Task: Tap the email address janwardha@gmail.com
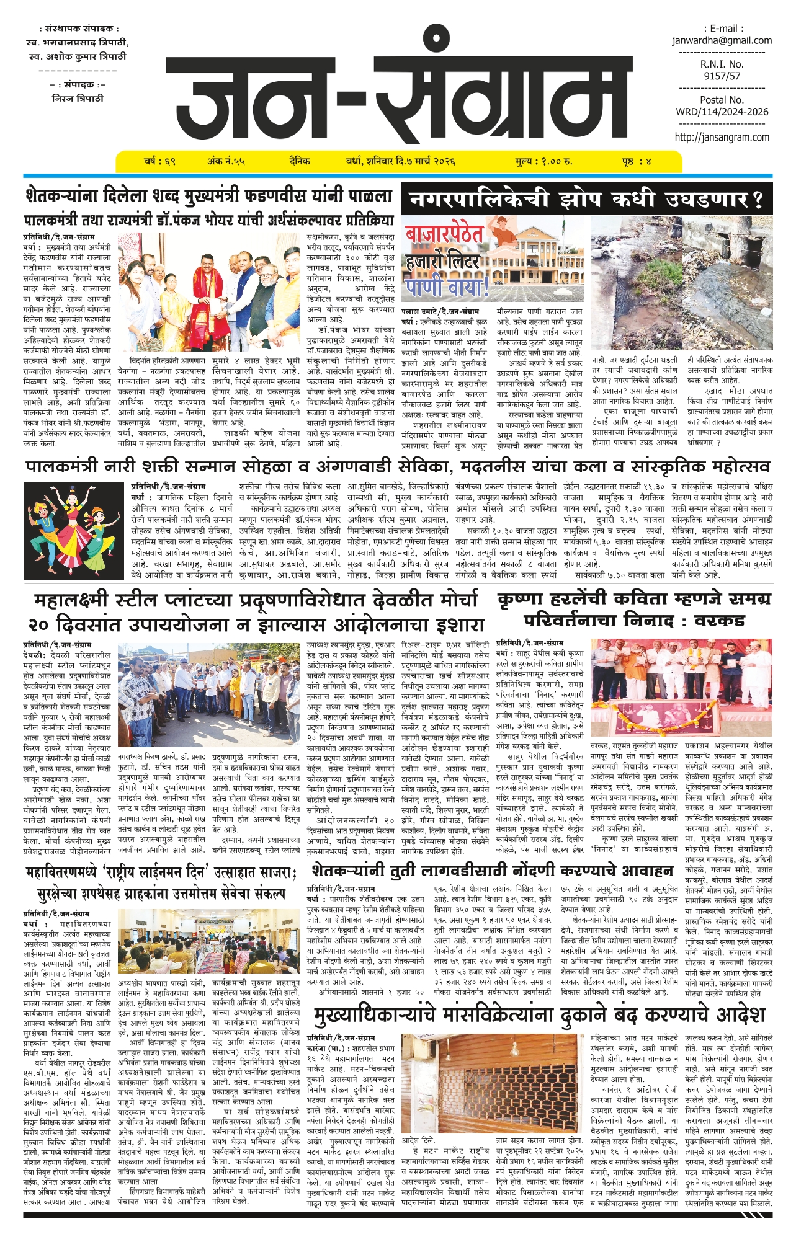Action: click(x=722, y=41)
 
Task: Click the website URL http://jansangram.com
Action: click(x=722, y=138)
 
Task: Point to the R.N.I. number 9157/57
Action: click(x=722, y=76)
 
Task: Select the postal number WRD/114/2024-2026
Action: click(x=722, y=112)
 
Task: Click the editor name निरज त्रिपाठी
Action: click(x=78, y=99)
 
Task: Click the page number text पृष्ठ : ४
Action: click(x=637, y=162)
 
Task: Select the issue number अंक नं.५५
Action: click(x=226, y=162)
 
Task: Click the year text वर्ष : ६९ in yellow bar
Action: click(x=159, y=162)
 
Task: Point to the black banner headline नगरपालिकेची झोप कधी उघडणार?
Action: click(x=586, y=200)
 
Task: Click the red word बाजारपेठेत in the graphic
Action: click(x=444, y=234)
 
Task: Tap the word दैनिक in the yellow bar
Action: click(x=300, y=162)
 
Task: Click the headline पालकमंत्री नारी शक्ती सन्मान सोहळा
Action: click(x=397, y=466)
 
